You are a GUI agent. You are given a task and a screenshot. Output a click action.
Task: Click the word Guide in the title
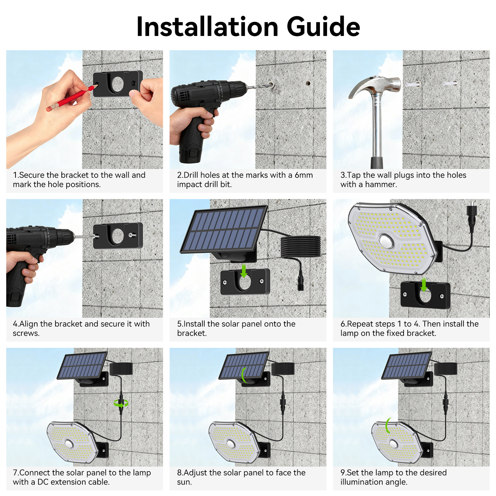tap(323, 27)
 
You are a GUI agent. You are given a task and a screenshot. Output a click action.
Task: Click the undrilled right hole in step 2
tap(308, 83)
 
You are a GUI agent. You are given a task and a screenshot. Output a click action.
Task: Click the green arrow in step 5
tap(244, 271)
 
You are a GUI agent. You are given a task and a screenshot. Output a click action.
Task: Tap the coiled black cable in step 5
tap(300, 246)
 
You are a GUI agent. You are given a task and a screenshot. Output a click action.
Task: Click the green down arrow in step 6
tap(424, 285)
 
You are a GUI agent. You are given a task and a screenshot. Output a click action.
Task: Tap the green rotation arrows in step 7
tap(121, 403)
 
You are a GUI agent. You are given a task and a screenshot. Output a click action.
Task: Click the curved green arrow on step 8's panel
tap(244, 375)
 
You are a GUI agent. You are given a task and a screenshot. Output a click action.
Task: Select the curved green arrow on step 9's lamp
tap(387, 426)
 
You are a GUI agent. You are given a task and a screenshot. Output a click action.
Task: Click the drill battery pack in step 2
tap(189, 155)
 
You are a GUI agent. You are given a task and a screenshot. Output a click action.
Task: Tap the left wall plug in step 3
tap(413, 84)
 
